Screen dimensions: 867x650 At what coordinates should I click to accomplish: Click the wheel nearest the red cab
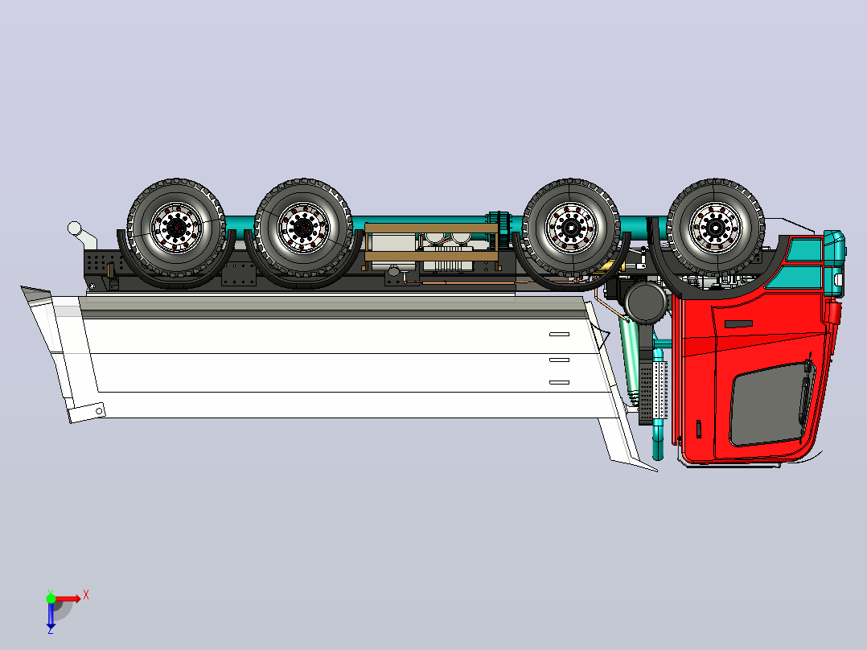coord(716,228)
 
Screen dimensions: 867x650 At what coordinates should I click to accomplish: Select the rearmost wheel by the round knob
coord(176,228)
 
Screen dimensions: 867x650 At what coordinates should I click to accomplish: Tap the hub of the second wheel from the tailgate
coord(303,228)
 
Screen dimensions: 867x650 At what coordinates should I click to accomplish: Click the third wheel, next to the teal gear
coord(571,228)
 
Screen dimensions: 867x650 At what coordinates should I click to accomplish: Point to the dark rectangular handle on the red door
coord(738,323)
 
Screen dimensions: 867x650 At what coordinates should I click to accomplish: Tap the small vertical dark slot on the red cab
coord(698,429)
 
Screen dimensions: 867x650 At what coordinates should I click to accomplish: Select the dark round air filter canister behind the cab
coord(647,302)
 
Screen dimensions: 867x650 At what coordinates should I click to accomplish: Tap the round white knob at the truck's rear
coord(74,228)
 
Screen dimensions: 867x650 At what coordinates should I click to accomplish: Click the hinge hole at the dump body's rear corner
coord(99,411)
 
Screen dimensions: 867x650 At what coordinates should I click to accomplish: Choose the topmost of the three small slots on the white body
coord(559,334)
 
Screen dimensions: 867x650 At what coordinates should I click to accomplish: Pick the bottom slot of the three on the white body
coord(559,382)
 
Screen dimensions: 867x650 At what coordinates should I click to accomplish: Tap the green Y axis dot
coord(51,599)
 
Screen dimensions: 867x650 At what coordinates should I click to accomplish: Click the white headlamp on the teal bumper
coord(838,280)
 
